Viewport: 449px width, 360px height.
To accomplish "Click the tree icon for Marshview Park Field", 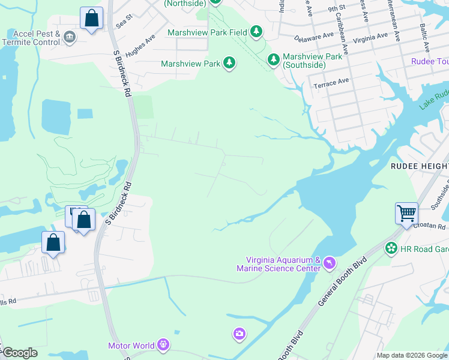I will [257, 31].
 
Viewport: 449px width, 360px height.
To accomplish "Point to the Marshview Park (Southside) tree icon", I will [274, 59].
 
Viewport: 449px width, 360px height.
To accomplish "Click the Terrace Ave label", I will [331, 82].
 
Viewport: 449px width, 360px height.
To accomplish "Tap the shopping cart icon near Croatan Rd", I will [406, 213].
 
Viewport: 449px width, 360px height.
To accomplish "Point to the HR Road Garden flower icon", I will [391, 248].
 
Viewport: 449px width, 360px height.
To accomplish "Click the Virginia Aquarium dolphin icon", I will [330, 263].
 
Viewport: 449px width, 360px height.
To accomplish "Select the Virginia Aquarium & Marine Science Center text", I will [283, 264].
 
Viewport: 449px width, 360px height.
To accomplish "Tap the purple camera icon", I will [240, 333].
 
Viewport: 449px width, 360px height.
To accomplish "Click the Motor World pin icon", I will [163, 345].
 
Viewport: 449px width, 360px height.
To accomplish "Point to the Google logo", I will [20, 353].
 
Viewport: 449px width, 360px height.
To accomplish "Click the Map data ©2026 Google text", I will [412, 355].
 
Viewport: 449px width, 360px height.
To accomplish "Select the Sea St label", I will [124, 22].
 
